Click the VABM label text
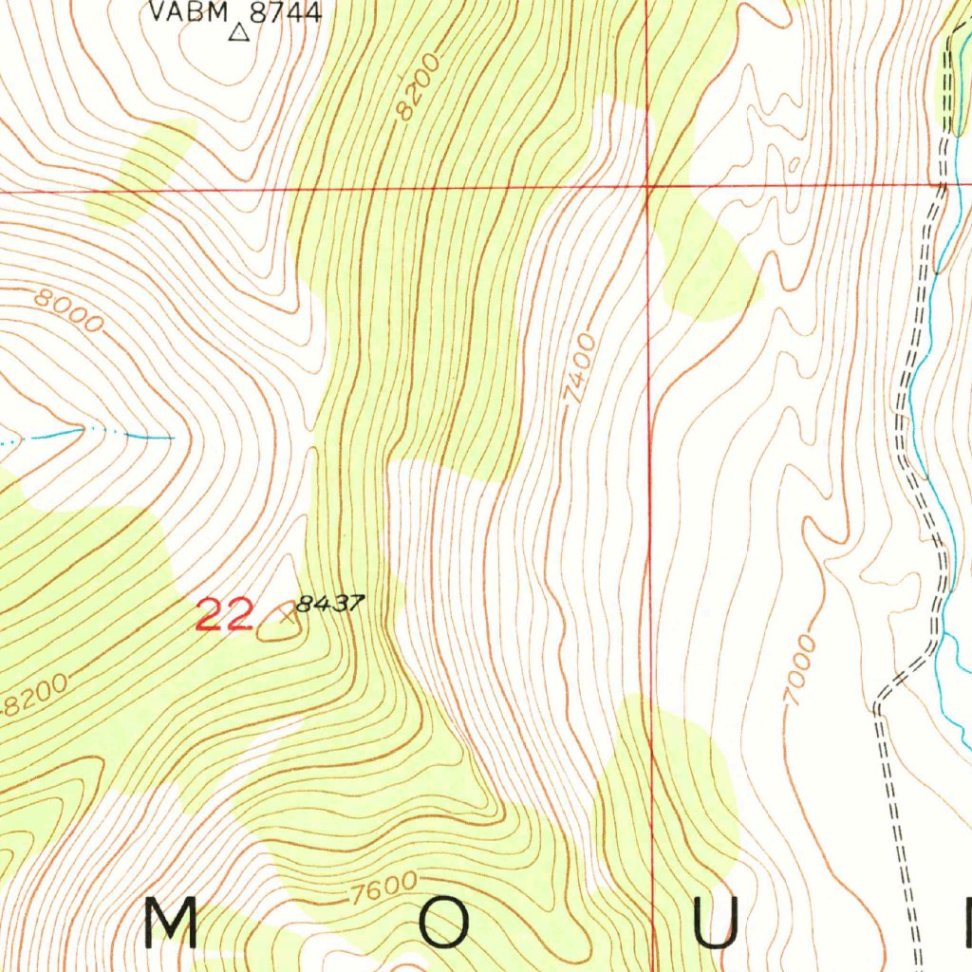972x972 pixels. [190, 12]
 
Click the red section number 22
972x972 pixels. [224, 615]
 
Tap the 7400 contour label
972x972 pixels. [579, 369]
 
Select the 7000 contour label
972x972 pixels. [800, 671]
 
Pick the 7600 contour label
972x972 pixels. [383, 889]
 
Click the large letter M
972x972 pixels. [172, 922]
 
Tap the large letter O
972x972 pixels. [444, 922]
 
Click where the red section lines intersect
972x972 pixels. [647, 186]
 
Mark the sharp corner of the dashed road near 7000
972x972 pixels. [877, 707]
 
